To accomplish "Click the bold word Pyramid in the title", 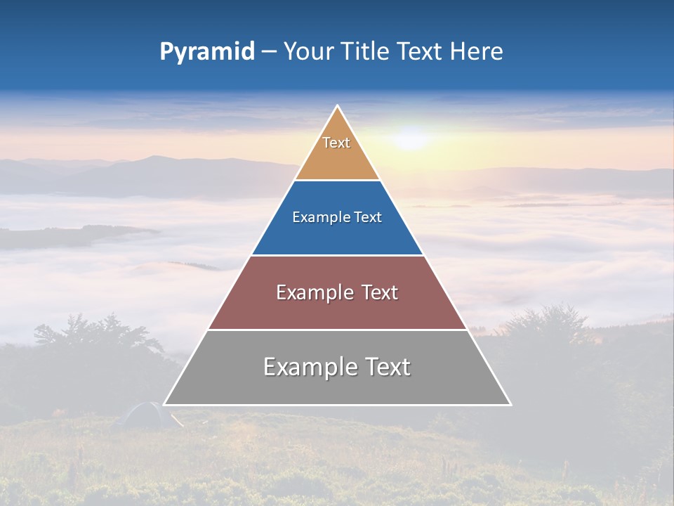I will (206, 52).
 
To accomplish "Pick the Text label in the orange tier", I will (336, 143).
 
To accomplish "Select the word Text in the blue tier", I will (366, 217).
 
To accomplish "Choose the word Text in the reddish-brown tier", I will (379, 292).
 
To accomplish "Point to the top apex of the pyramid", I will (338, 106).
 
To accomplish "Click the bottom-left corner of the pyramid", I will (164, 405).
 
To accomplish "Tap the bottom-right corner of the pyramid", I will (510, 405).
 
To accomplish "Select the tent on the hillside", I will (144, 414).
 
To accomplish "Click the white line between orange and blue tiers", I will (338, 181).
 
